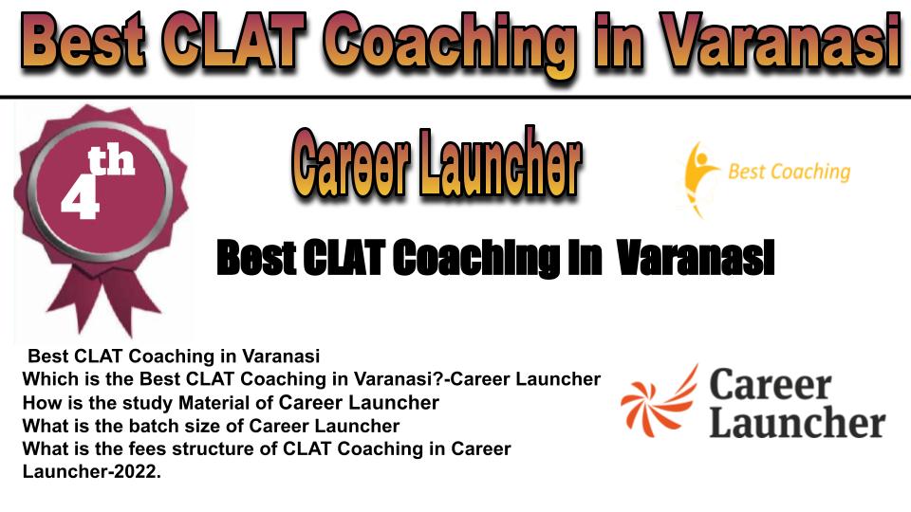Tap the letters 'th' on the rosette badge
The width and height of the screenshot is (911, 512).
111,161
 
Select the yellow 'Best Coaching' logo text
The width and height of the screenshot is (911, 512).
789,172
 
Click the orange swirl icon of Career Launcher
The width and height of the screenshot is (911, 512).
660,401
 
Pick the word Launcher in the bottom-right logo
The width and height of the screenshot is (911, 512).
797,422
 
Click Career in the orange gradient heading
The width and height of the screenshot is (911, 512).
351,162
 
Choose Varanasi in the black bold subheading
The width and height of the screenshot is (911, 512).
696,258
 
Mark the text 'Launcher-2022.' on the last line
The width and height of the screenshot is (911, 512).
92,472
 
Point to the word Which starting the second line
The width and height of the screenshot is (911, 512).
48,379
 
